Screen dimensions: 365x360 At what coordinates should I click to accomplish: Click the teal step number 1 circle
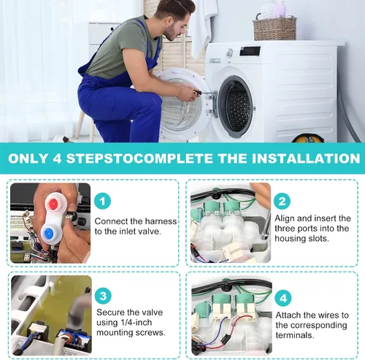coord(102,201)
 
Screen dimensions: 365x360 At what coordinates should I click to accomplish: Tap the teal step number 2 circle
coord(282,201)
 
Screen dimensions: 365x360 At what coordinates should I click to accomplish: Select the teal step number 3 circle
coord(103,296)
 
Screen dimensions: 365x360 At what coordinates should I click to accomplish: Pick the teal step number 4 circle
coord(283,298)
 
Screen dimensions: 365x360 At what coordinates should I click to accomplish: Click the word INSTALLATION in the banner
coord(306,158)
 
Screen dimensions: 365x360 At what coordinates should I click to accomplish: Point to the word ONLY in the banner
coord(28,158)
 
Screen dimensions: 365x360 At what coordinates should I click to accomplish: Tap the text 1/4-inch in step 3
coord(137,323)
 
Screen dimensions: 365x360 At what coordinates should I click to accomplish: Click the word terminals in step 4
coord(295,335)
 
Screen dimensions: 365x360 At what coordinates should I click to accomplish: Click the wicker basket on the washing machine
coord(275,28)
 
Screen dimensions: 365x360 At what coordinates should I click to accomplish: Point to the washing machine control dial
coord(229,53)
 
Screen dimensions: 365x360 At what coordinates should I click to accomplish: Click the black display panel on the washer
coord(250,51)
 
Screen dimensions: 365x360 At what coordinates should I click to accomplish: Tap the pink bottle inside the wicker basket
coord(280,9)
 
